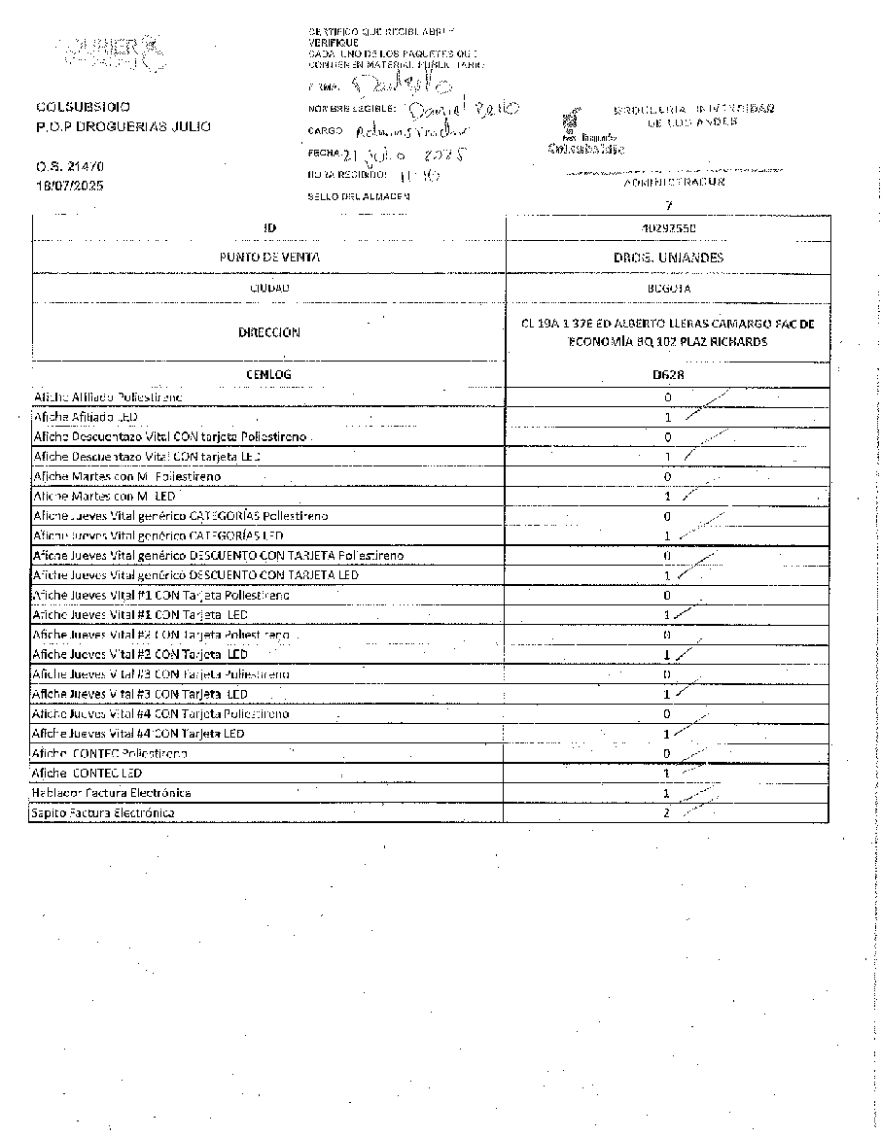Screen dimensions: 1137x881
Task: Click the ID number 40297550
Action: [668, 227]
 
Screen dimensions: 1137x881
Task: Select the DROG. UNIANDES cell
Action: [668, 258]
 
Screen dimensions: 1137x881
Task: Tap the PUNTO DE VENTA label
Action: [269, 258]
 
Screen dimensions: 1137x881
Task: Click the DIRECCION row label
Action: [269, 332]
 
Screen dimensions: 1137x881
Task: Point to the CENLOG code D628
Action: [668, 374]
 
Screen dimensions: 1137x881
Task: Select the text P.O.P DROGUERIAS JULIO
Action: [123, 126]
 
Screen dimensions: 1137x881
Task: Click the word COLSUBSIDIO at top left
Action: [84, 107]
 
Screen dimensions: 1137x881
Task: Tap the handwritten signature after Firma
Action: [398, 86]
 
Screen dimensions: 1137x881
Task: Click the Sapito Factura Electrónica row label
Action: [103, 812]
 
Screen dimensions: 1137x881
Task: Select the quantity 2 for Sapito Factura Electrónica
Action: [667, 812]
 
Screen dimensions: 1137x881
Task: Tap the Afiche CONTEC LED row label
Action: [87, 774]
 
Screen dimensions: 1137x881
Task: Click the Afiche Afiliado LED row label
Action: [86, 417]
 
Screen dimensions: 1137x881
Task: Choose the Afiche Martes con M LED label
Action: [104, 497]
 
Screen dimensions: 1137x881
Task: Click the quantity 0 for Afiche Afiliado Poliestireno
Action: [667, 397]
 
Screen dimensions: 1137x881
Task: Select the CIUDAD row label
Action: [269, 289]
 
